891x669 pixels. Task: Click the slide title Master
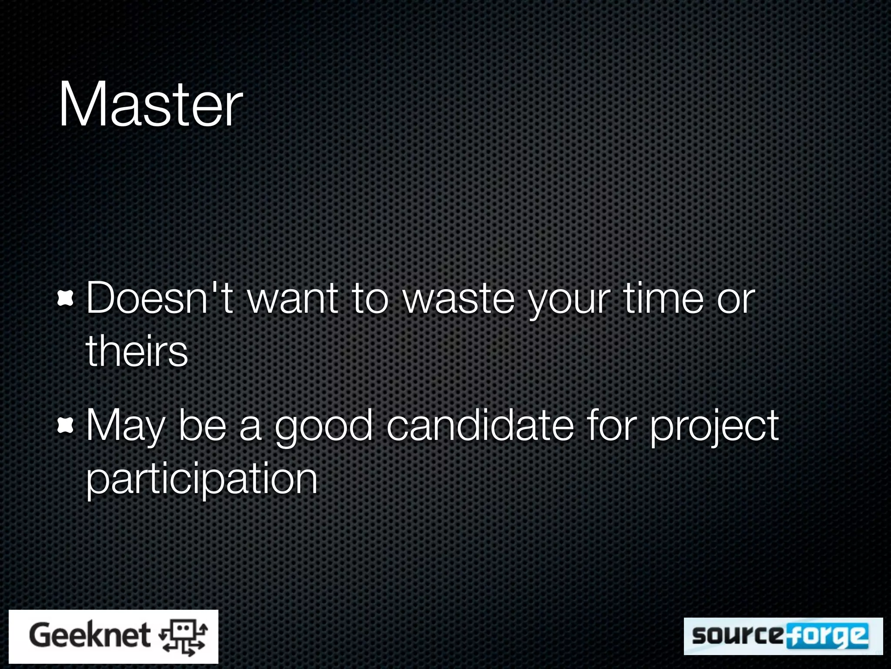(150, 105)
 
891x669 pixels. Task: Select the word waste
(459, 299)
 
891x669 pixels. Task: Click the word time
(663, 298)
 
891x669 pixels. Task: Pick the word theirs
(137, 351)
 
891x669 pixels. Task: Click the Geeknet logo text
(90, 635)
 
